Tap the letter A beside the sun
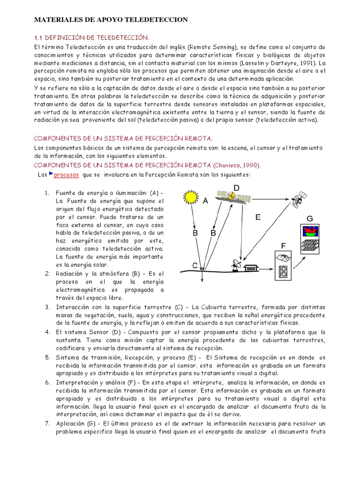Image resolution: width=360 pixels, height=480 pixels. pos(205,201)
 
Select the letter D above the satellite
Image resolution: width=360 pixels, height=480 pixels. pos(236,188)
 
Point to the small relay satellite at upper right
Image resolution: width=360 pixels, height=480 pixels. pos(298,199)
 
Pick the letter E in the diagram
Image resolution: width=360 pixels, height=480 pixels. pos(258,217)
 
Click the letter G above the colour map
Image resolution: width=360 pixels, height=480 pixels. pos(309,219)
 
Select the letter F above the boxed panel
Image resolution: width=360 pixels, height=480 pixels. pos(283,246)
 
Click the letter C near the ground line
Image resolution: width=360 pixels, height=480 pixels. pos(195,265)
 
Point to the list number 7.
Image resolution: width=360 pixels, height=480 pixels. pos(47,424)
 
